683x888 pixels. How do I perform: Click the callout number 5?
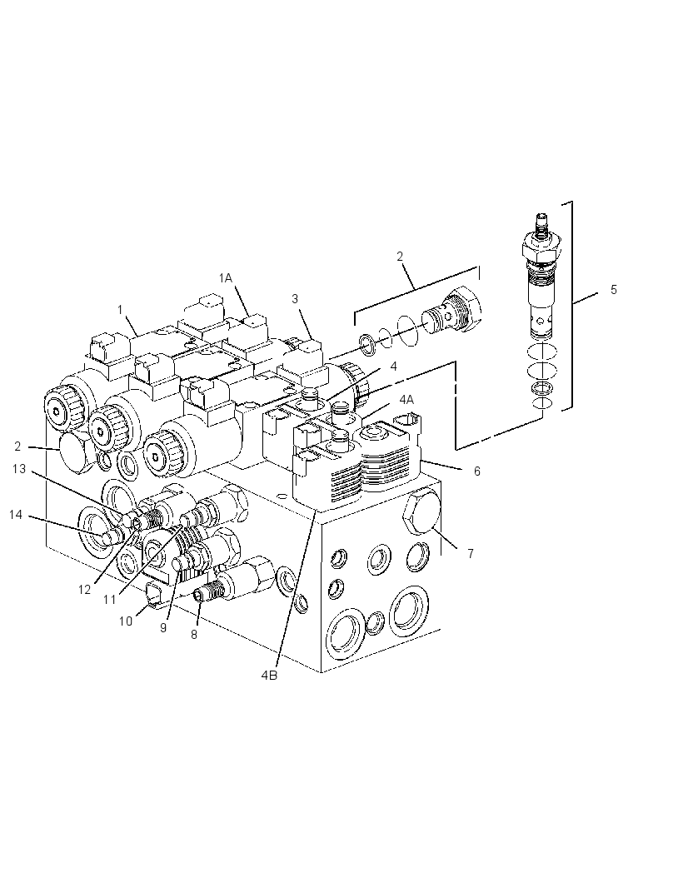pos(614,290)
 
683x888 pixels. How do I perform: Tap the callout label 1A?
pos(226,277)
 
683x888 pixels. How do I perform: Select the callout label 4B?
pos(270,676)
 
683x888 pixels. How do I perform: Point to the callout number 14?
pos(16,514)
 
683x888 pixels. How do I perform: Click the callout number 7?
pos(471,554)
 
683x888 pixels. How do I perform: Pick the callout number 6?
pos(477,471)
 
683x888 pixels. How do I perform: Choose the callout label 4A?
pos(406,400)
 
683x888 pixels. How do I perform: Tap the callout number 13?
pos(19,469)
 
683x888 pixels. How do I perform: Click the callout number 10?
pos(125,621)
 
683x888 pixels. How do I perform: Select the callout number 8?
pos(194,635)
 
